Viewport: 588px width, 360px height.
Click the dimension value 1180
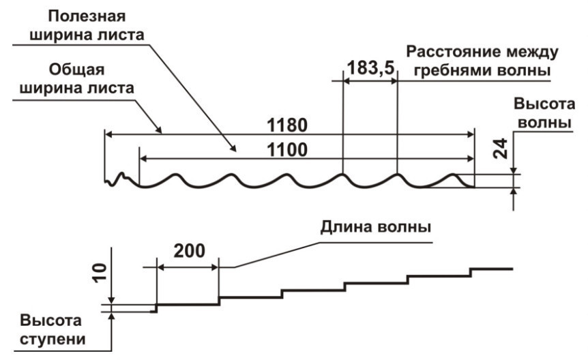[287, 125]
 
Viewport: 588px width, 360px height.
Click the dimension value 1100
[287, 149]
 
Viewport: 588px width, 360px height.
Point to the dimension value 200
[188, 250]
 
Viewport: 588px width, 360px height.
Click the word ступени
[52, 338]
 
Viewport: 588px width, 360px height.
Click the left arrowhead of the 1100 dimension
[143, 158]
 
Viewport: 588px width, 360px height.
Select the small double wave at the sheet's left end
[121, 179]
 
